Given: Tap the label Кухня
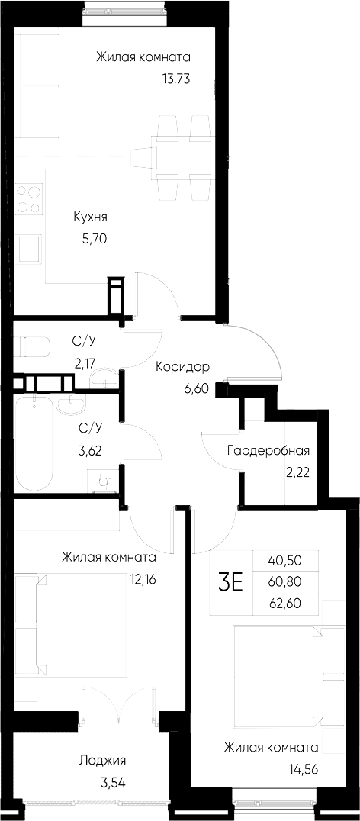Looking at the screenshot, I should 89,216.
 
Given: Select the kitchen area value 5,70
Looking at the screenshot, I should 93,237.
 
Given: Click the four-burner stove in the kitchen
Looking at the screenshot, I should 29,198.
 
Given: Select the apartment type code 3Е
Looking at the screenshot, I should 231,583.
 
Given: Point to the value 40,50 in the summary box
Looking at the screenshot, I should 284,559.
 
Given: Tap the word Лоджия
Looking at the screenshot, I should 102,760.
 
